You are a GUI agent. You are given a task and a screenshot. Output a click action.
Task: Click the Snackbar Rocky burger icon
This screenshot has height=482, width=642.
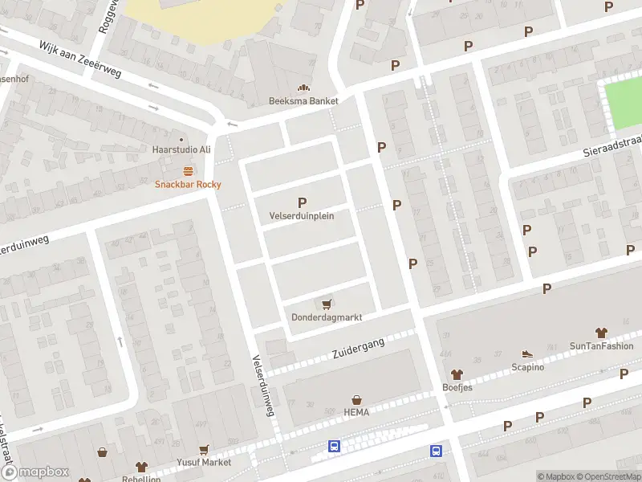pos(188,170)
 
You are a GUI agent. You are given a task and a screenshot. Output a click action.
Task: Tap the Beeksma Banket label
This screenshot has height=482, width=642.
pos(303,101)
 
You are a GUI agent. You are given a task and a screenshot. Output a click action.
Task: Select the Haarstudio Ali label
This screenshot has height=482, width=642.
pos(181,149)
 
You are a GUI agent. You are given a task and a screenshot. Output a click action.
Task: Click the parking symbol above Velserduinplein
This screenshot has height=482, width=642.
pos(302,202)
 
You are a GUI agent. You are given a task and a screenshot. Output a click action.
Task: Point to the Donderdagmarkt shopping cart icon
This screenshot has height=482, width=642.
pos(327,304)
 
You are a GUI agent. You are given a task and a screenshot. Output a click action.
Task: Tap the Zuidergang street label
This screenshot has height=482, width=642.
pos(359,349)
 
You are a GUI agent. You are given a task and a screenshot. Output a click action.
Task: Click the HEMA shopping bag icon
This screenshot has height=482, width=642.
pos(357,399)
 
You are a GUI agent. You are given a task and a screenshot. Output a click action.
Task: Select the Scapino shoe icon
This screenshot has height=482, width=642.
pos(527,353)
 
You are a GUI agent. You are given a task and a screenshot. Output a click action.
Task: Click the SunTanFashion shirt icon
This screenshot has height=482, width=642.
pos(601,333)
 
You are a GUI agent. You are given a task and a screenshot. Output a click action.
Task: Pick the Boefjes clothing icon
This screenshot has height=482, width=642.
pos(457,374)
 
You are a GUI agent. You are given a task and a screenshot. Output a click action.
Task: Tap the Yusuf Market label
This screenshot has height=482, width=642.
pos(205,463)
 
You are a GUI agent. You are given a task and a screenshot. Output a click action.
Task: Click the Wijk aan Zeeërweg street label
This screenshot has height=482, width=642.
pos(80,59)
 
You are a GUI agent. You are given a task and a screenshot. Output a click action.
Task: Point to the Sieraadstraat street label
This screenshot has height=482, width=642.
pos(613,145)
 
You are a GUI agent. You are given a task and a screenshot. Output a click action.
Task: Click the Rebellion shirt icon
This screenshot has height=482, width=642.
pos(141,467)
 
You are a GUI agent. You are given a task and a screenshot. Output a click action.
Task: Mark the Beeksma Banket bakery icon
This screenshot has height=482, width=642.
pos(303,88)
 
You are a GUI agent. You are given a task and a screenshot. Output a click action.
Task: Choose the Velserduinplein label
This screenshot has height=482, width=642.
pos(302,216)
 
